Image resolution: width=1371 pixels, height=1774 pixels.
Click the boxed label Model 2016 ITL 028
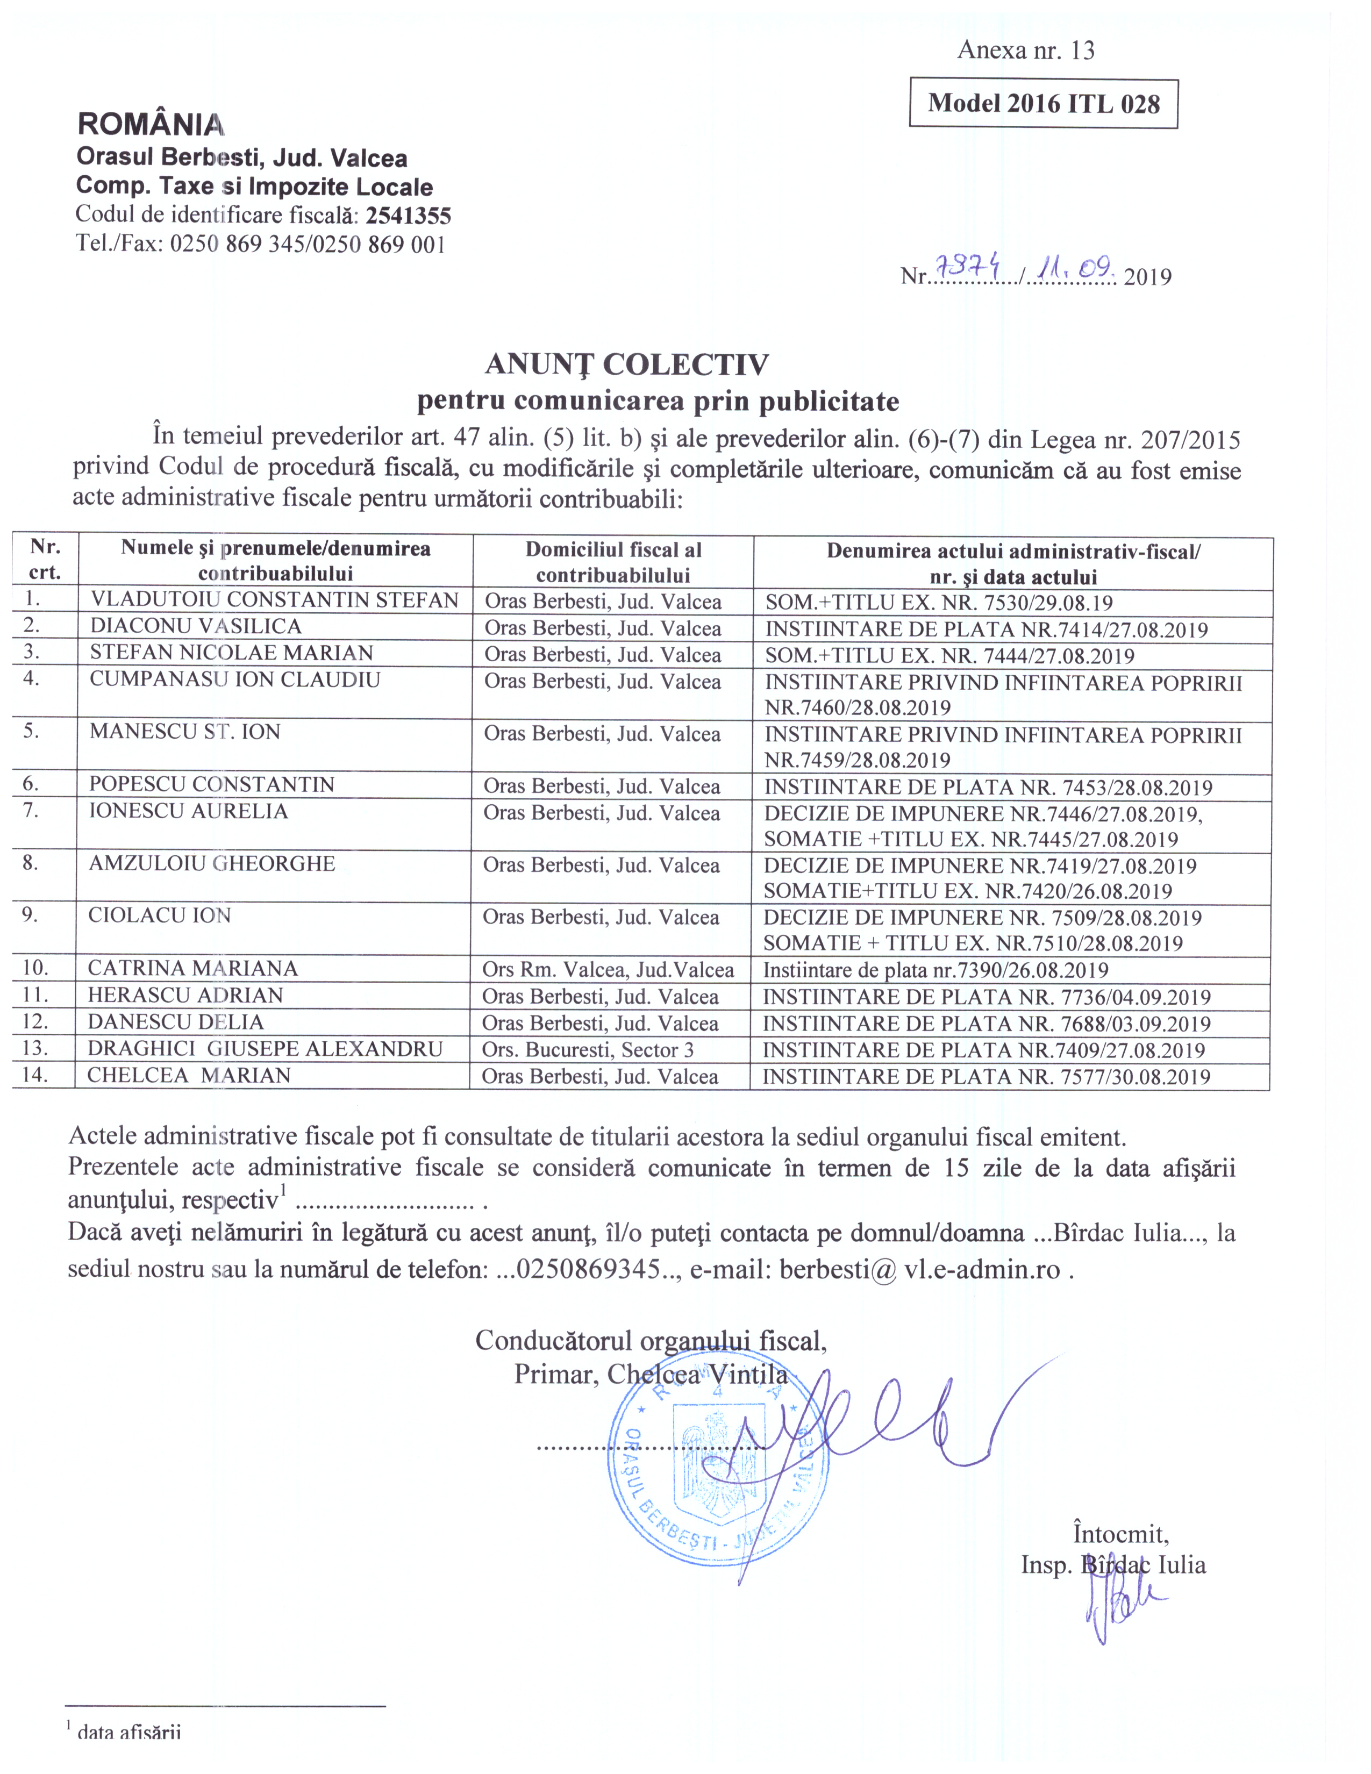click(x=1043, y=103)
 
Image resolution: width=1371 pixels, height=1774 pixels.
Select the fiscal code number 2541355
click(x=408, y=216)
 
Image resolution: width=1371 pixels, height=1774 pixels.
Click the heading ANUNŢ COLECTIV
click(x=626, y=364)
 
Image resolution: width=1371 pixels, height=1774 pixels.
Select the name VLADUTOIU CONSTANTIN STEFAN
click(x=275, y=600)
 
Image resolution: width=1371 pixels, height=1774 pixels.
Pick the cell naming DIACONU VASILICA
click(x=196, y=626)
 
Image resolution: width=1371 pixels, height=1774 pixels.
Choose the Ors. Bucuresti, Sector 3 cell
click(x=588, y=1050)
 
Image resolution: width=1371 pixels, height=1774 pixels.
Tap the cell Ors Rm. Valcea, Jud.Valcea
click(x=608, y=970)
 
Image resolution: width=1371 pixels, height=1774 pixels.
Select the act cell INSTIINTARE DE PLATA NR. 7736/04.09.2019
click(x=986, y=997)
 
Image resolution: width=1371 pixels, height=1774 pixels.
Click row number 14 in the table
click(x=35, y=1075)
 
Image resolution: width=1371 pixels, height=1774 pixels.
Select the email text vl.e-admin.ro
click(x=982, y=1269)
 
